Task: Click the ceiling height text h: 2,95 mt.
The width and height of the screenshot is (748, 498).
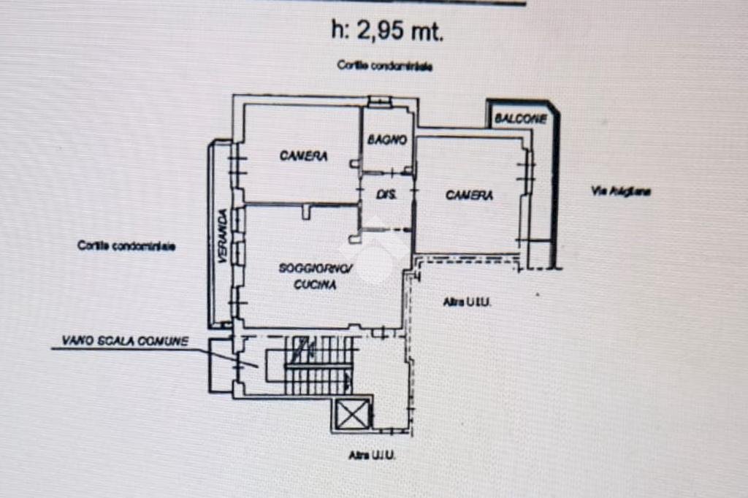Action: click(387, 31)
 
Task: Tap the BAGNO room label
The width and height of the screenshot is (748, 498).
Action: click(387, 139)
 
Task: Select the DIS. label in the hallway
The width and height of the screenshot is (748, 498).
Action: click(386, 195)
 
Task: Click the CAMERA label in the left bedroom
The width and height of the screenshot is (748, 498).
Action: click(304, 156)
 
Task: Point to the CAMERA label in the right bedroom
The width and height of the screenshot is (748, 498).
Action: click(469, 195)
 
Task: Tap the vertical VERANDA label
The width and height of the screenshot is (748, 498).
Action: click(221, 234)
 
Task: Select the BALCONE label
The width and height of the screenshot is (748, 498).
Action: click(520, 119)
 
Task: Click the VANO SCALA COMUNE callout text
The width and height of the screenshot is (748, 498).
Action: click(125, 341)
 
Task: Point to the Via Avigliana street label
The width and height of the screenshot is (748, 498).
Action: click(620, 192)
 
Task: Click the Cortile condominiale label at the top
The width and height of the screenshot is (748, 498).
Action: click(384, 66)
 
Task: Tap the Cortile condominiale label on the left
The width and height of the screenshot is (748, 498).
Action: click(126, 246)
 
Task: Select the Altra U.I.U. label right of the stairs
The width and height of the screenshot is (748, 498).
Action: click(467, 302)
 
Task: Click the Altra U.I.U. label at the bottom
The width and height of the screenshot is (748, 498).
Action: click(372, 455)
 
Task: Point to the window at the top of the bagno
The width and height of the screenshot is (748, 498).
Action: click(379, 101)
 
